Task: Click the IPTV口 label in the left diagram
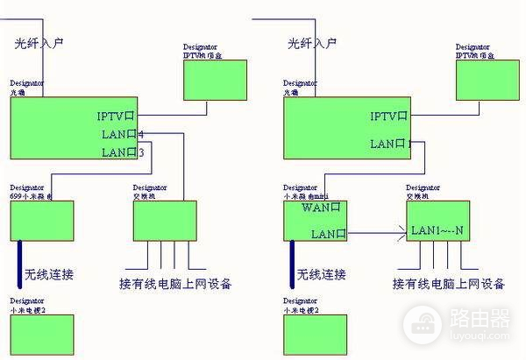coord(116,116)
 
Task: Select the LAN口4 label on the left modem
coord(123,134)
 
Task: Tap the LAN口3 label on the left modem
coord(123,152)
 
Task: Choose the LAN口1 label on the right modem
coord(391,144)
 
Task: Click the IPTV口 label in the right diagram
coord(389,116)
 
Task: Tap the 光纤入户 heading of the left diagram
coord(39,42)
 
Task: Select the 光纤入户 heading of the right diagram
coord(313,42)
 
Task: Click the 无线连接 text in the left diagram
coord(49,275)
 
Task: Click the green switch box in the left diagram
coord(164,220)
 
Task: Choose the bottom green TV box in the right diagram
coord(315,335)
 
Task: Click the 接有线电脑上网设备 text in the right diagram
coord(449,284)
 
